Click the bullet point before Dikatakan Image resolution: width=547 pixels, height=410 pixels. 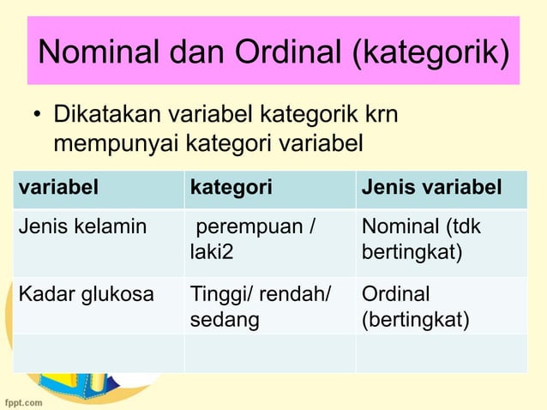[38, 115]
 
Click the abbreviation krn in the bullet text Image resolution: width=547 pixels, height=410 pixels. [381, 114]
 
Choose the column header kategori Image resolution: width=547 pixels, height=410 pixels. [231, 188]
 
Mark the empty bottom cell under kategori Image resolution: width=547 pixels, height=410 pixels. [269, 353]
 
